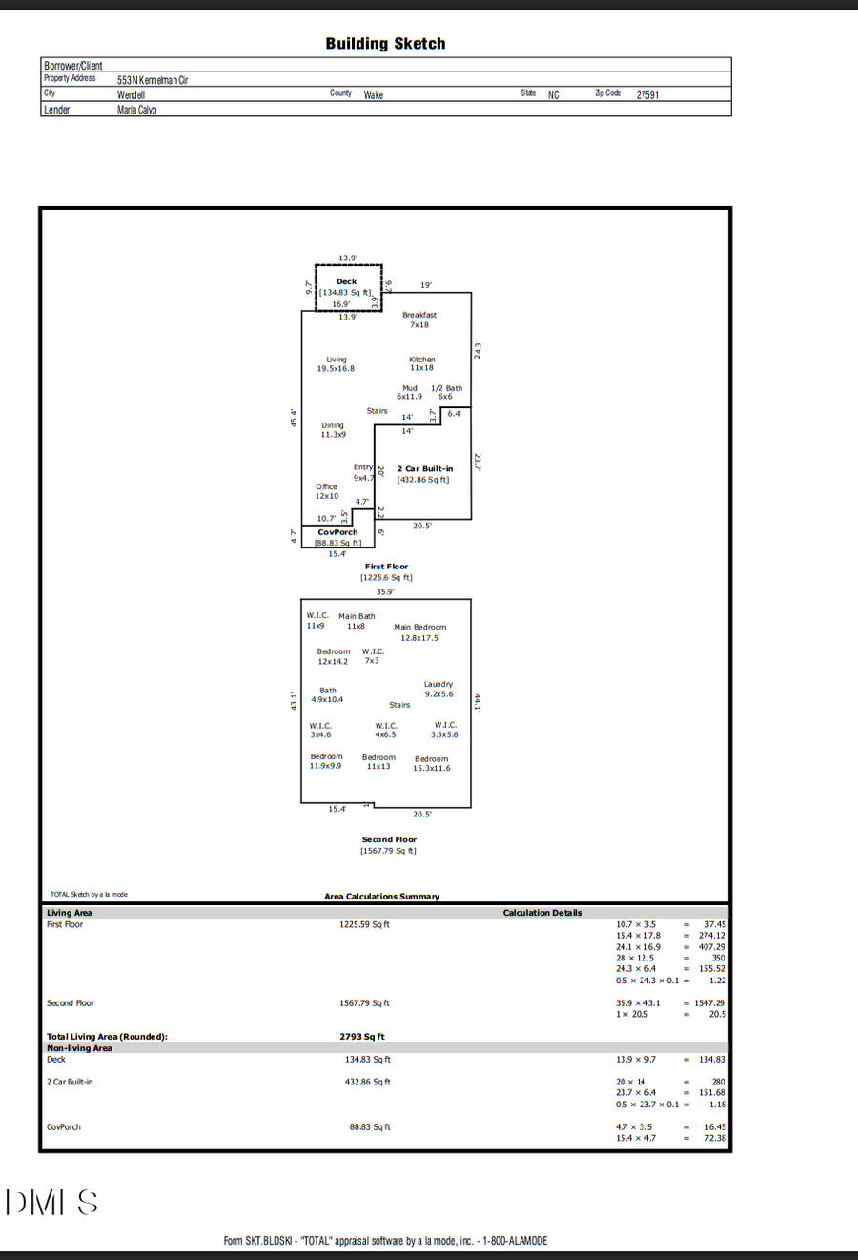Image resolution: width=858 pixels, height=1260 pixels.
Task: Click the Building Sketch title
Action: point(385,44)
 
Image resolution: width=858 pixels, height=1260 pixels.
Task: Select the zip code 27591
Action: point(647,94)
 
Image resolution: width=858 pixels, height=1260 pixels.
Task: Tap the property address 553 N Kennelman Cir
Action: point(153,80)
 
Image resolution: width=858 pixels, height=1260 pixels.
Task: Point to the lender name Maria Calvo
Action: point(137,110)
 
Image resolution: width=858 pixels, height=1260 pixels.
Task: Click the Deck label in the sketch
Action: point(346,281)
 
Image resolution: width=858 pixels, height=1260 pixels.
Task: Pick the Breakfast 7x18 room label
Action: point(419,320)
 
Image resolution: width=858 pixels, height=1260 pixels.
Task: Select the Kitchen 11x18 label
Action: point(421,363)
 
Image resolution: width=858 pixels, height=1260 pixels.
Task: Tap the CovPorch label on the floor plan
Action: point(337,532)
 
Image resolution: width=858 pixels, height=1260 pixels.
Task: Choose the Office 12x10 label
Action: point(327,491)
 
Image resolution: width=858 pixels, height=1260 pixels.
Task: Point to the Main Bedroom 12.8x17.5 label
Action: point(419,632)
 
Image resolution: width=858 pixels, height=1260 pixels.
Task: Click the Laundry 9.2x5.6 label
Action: point(439,689)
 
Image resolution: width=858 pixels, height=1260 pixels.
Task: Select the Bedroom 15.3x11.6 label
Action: point(432,764)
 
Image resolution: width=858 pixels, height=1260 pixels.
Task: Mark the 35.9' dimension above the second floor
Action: point(385,591)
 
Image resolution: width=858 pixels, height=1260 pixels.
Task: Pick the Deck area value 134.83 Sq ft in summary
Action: point(367,1059)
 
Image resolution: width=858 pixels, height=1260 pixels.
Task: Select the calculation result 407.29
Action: point(711,947)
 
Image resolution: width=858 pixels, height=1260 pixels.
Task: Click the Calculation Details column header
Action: point(542,913)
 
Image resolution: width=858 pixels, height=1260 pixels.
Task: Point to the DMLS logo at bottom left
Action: point(51,1203)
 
